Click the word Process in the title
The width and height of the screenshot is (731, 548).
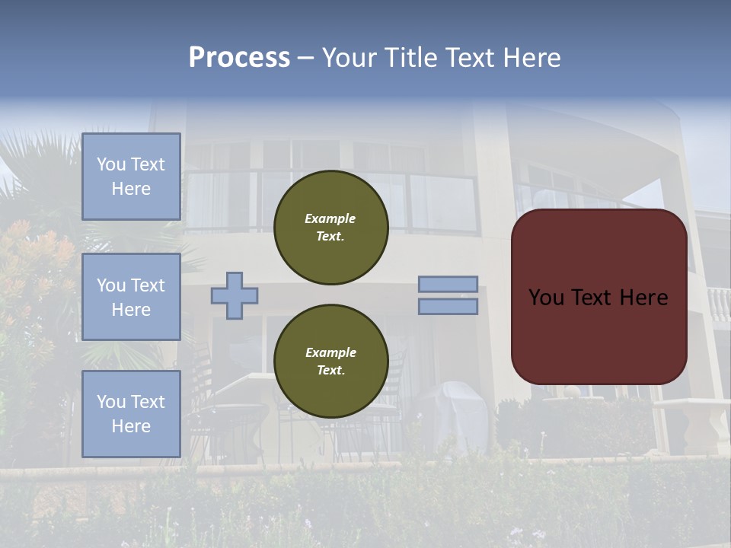[x=239, y=58]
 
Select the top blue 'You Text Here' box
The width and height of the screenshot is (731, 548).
[x=131, y=177]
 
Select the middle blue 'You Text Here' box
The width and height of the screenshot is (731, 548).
[x=131, y=297]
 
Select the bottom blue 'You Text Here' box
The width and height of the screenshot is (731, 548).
[x=131, y=414]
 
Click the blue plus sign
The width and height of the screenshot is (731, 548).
[x=235, y=295]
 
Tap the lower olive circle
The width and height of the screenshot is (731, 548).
[x=330, y=388]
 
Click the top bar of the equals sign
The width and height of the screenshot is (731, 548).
[x=448, y=284]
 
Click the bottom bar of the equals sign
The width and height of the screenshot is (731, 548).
[x=448, y=307]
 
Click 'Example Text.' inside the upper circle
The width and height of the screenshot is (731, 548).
[x=330, y=227]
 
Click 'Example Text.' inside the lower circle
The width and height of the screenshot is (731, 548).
[x=330, y=361]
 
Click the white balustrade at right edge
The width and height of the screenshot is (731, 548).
[x=718, y=305]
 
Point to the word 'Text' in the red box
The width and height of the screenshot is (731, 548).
[x=598, y=297]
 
